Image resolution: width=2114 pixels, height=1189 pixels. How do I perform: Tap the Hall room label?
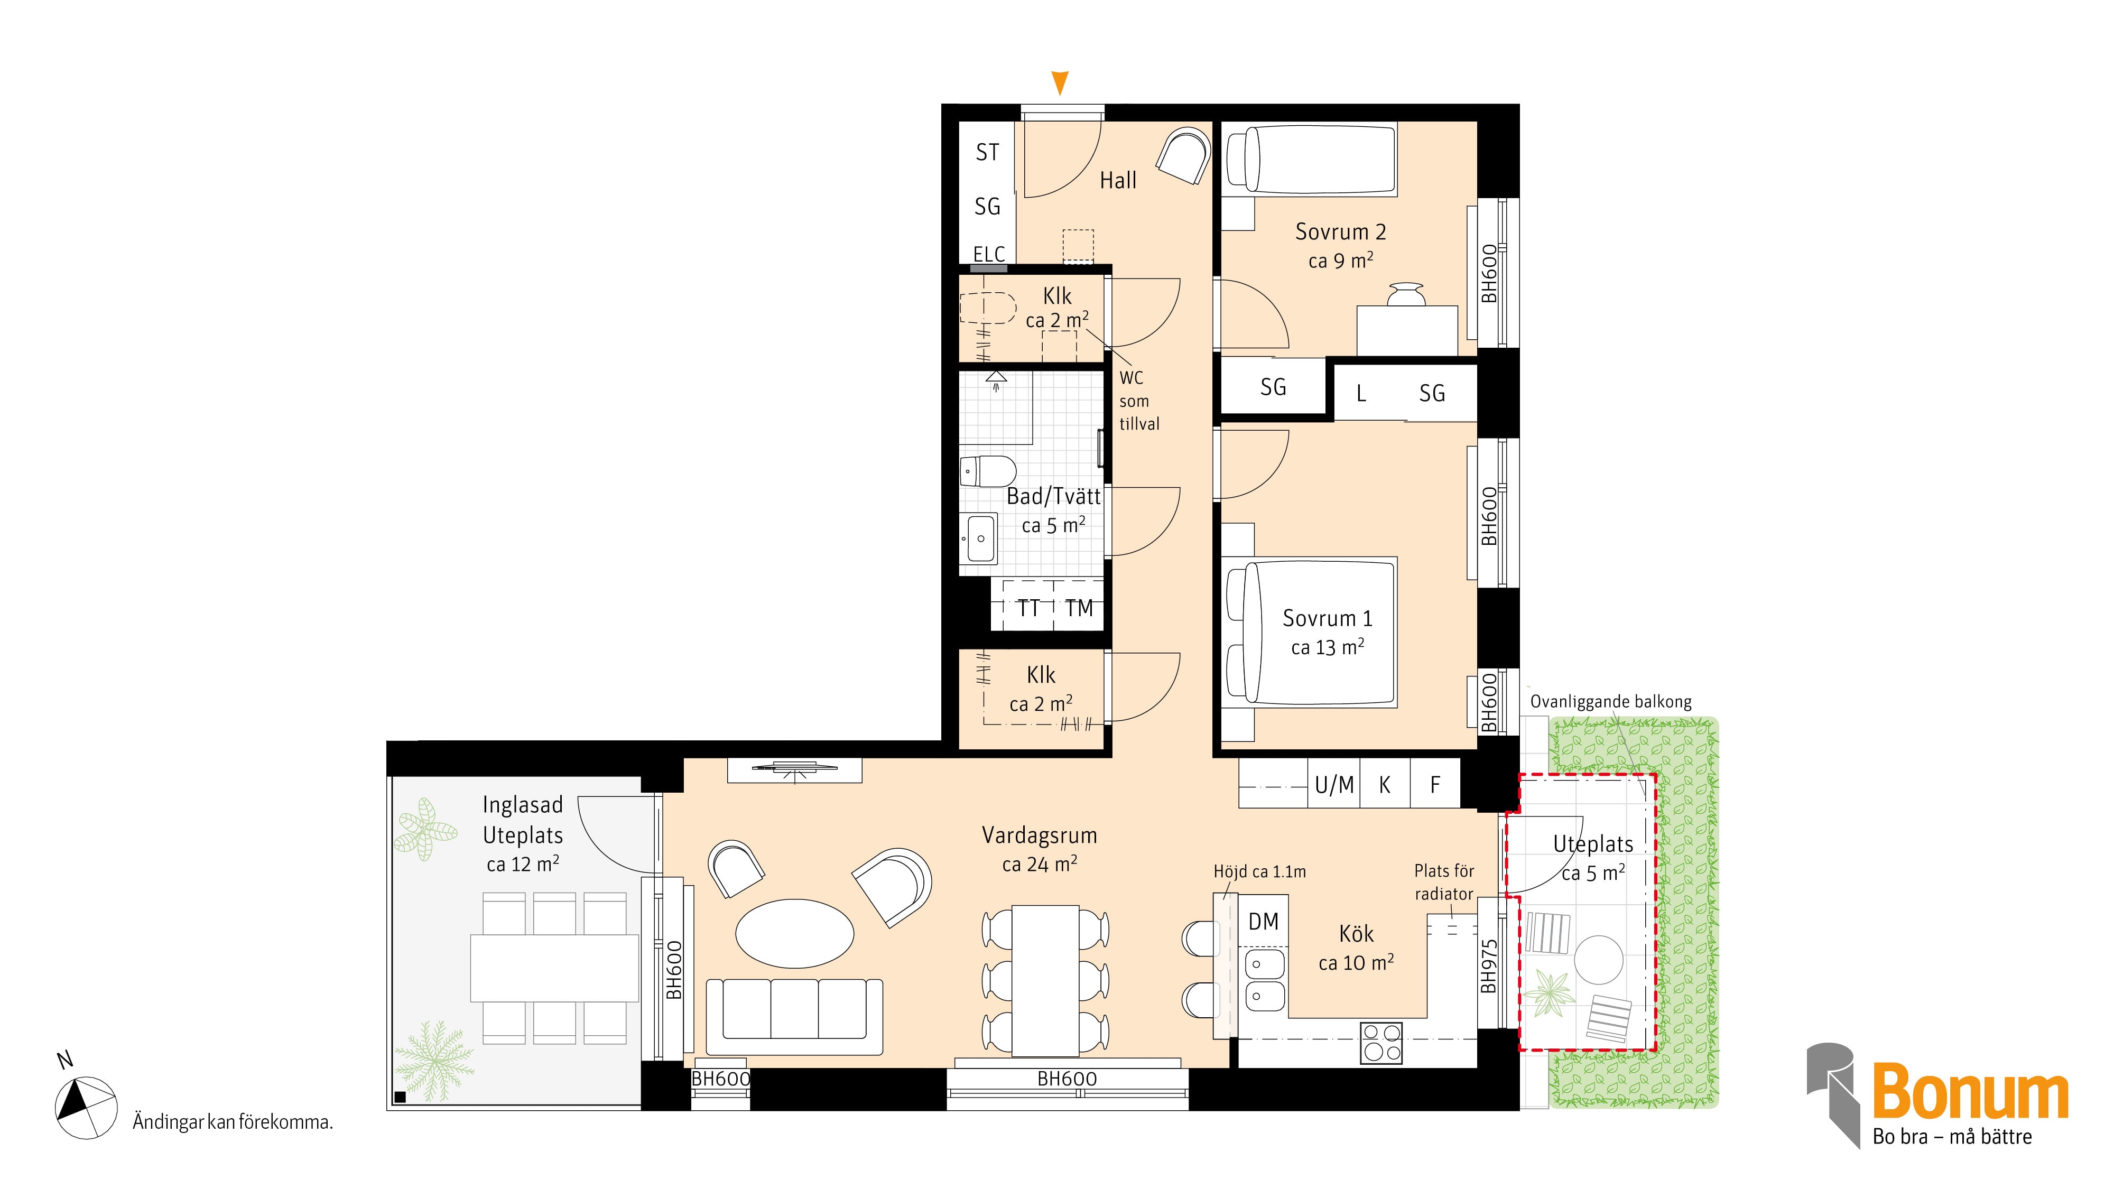(x=1118, y=181)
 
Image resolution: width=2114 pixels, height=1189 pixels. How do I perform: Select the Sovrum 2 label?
(x=1340, y=232)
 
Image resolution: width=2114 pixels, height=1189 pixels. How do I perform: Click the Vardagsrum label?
(x=1039, y=835)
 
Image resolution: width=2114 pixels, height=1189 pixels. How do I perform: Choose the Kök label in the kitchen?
(x=1356, y=934)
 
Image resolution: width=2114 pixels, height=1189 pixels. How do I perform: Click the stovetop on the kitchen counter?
(x=1381, y=1043)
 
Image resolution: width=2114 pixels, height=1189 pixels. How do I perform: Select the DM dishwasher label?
(x=1263, y=922)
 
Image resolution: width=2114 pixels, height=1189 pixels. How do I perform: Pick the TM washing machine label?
(x=1079, y=608)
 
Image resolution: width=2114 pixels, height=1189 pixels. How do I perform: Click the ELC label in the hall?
(x=989, y=254)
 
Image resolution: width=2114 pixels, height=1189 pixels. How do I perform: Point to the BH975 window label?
(x=1489, y=966)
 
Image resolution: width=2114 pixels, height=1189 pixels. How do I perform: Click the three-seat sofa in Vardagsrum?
(x=794, y=1016)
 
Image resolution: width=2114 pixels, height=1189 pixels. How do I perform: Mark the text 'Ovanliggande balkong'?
(x=1611, y=702)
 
